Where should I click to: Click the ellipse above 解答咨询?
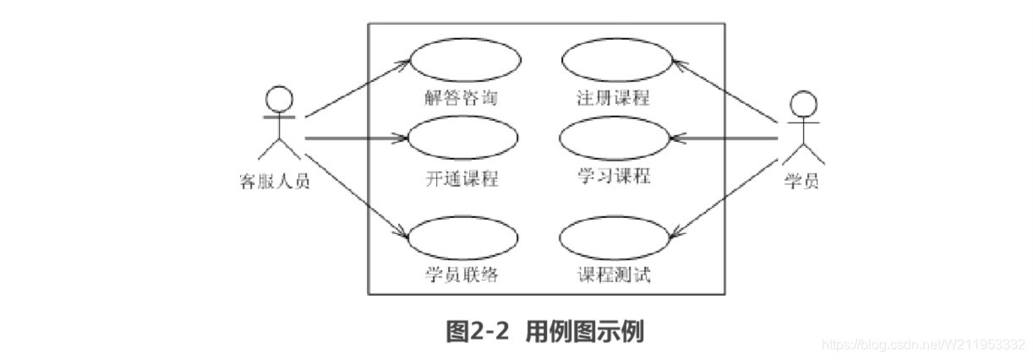pyautogui.click(x=465, y=59)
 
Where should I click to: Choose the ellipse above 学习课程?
pyautogui.click(x=615, y=137)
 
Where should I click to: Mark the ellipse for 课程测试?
pyautogui.click(x=615, y=237)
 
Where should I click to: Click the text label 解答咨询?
pyautogui.click(x=461, y=97)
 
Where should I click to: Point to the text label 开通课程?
pyautogui.click(x=461, y=179)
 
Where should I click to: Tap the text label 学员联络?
pyautogui.click(x=461, y=275)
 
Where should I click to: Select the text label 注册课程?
pyautogui.click(x=609, y=97)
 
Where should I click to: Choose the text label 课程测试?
pyautogui.click(x=609, y=275)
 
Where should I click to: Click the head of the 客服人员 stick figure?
pyautogui.click(x=277, y=98)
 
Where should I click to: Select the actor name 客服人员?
pyautogui.click(x=275, y=180)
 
